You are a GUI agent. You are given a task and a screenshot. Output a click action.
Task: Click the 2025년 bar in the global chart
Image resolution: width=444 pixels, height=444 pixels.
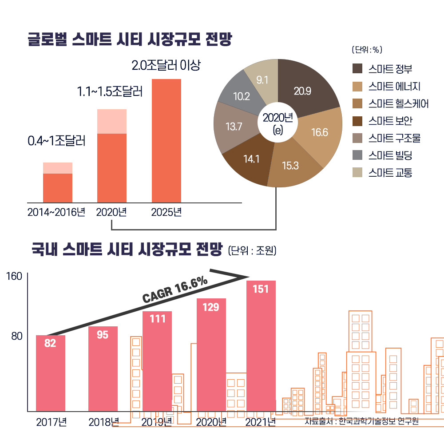pos(166,140)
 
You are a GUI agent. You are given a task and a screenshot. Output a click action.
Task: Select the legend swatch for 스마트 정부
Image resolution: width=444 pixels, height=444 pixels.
pos(358,69)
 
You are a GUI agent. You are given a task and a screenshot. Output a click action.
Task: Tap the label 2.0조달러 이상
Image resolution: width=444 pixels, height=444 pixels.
pos(166,66)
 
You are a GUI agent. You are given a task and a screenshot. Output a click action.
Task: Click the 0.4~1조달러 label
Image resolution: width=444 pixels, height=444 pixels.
pos(56,142)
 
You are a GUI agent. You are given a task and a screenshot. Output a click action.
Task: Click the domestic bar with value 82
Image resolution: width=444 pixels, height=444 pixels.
pos(50,373)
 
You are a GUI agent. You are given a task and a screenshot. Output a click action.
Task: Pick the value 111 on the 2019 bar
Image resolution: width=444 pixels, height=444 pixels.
pos(157,319)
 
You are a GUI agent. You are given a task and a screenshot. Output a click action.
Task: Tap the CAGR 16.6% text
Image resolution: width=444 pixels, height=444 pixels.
pos(175,291)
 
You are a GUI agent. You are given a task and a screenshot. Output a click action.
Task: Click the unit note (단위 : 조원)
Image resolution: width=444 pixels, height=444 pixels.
pos(252,251)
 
